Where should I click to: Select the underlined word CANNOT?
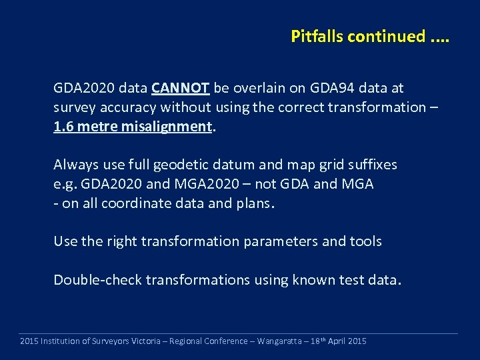pyautogui.click(x=181, y=88)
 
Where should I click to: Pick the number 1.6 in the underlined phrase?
pyautogui.click(x=64, y=126)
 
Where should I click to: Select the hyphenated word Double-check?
pyautogui.click(x=97, y=280)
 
